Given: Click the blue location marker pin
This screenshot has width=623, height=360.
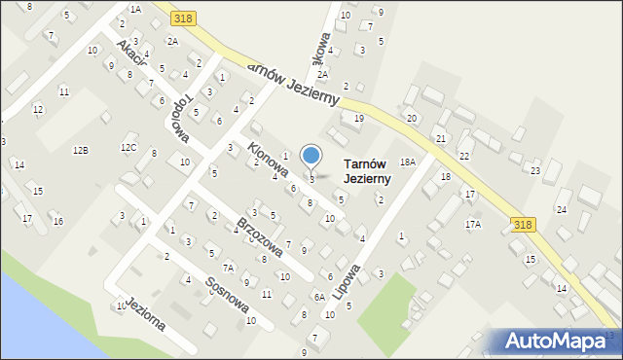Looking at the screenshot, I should point(311,157).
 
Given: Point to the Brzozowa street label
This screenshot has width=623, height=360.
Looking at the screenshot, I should point(260,236).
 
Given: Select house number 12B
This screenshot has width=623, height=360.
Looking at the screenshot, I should point(81,150).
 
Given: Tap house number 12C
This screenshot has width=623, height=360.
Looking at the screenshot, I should point(128,147).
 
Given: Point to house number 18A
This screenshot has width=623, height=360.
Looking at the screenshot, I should point(408,162).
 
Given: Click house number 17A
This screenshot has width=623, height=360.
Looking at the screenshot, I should point(473,224).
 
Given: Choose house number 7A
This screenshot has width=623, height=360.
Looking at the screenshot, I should point(228,268).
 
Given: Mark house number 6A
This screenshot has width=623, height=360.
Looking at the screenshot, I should point(318,297).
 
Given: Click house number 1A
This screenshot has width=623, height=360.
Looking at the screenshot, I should point(135,9).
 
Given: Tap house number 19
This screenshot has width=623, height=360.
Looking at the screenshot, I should point(359,118).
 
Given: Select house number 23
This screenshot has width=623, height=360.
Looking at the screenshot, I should point(535,170).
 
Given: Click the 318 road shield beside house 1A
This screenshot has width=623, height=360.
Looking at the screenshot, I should point(181,18).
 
